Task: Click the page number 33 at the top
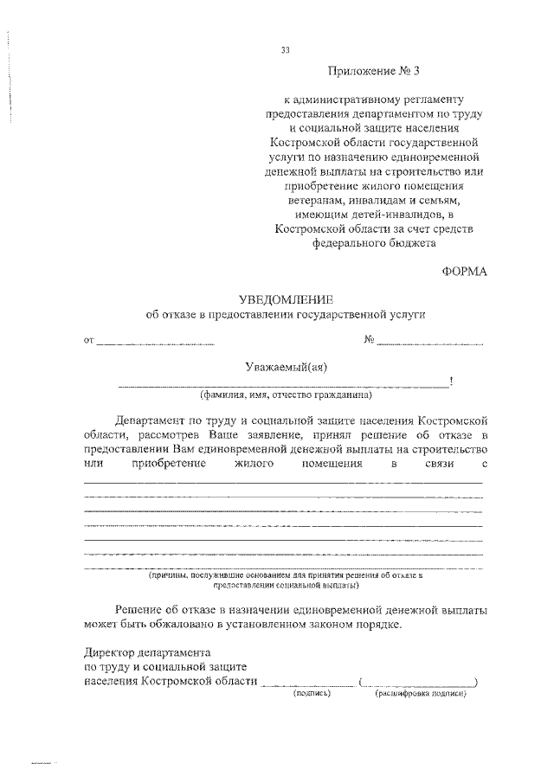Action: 285,49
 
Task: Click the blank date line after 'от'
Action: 156,344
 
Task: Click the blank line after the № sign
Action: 430,344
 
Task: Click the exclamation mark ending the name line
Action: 452,382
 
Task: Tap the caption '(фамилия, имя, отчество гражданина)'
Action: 286,395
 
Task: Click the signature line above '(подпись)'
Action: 307,684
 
